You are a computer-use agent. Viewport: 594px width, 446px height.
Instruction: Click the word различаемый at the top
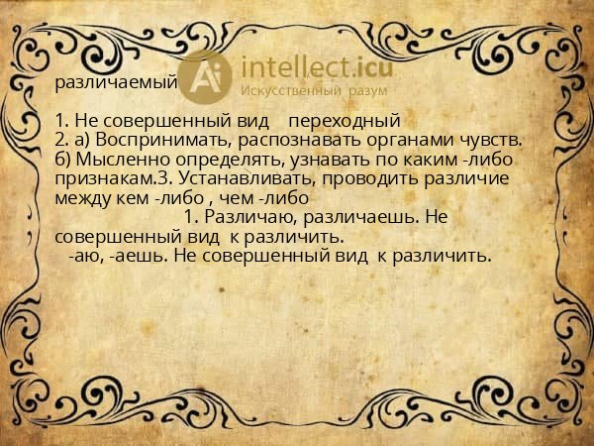(x=116, y=82)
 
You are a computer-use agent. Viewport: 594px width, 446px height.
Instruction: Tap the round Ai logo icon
(x=206, y=76)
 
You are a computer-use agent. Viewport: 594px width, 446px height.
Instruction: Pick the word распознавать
(x=301, y=141)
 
